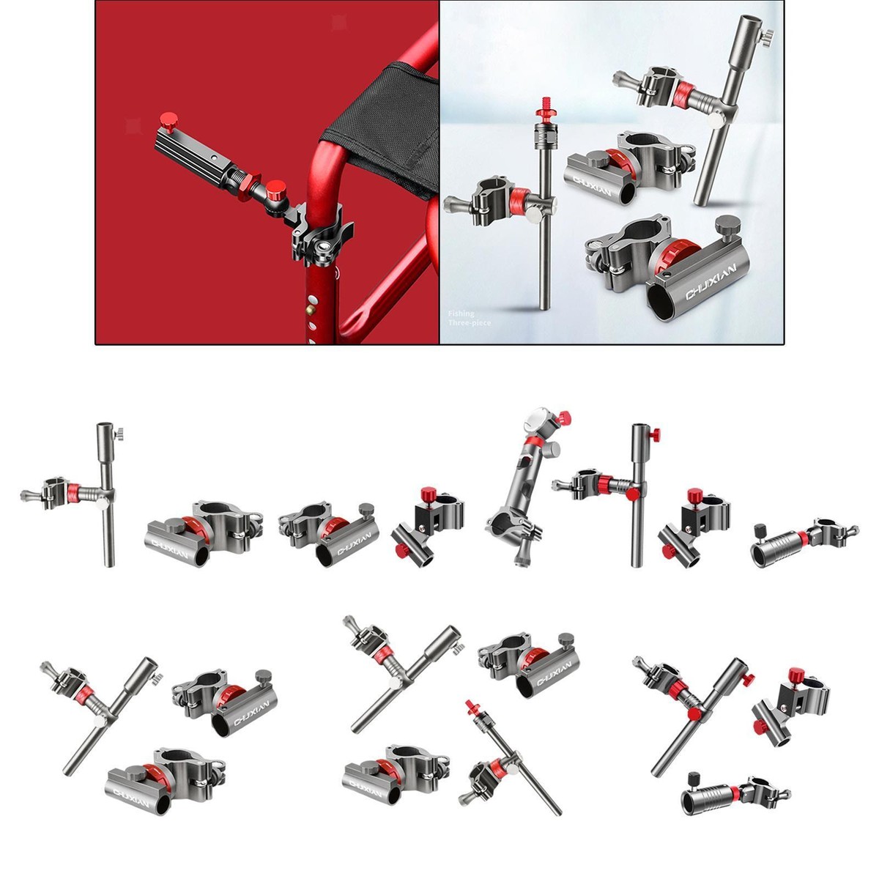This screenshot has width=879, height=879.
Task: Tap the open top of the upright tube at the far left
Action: click(103, 426)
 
